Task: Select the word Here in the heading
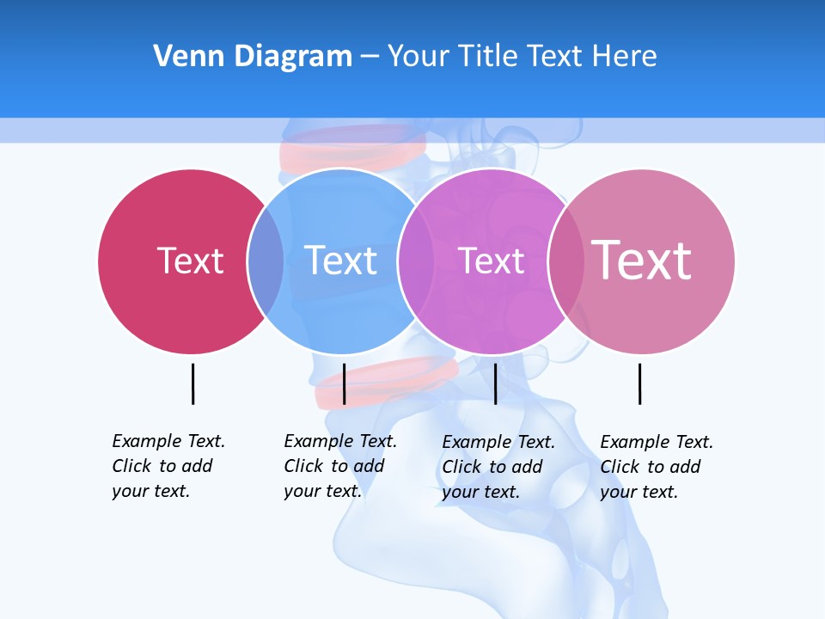coord(625,57)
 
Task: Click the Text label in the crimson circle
coord(190,260)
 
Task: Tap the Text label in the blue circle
coord(340,260)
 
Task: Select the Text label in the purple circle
coord(491,260)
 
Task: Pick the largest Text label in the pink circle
coord(641,260)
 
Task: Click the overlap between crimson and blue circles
coord(266,261)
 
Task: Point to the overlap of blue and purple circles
coord(417,261)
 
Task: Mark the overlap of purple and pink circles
coord(566,261)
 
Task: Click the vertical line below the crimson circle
coord(192,383)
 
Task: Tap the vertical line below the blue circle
coord(344,383)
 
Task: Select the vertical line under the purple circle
coord(495,383)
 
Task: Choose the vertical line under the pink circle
coord(639,383)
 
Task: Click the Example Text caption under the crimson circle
coord(168,466)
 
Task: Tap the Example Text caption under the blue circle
coord(339,466)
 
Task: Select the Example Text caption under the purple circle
coord(498,467)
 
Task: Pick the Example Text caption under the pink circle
coord(656,467)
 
